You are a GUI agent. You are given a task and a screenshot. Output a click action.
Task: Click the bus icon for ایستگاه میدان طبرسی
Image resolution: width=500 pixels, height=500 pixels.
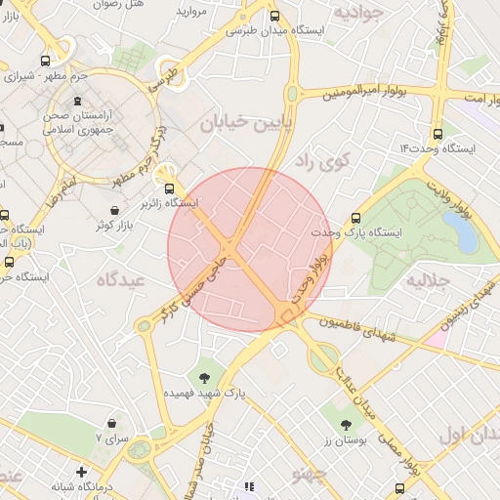(275, 17)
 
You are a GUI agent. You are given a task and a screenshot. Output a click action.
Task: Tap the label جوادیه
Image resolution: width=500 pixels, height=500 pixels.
(356, 13)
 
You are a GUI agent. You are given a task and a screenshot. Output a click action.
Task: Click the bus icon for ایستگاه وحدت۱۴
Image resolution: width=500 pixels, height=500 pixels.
(436, 134)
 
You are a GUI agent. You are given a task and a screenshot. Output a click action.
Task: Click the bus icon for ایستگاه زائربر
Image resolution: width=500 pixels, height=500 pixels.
(171, 188)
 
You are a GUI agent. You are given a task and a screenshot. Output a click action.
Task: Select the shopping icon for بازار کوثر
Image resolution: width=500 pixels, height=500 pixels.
(116, 210)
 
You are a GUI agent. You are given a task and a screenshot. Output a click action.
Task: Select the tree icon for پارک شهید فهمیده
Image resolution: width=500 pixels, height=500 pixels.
(204, 377)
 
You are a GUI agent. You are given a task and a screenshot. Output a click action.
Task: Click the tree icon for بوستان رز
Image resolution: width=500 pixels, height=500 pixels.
(346, 424)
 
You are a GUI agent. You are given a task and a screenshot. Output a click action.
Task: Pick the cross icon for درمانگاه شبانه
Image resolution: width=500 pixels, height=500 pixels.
(81, 473)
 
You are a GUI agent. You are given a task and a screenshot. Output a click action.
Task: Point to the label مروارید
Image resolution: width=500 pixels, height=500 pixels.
(193, 11)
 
